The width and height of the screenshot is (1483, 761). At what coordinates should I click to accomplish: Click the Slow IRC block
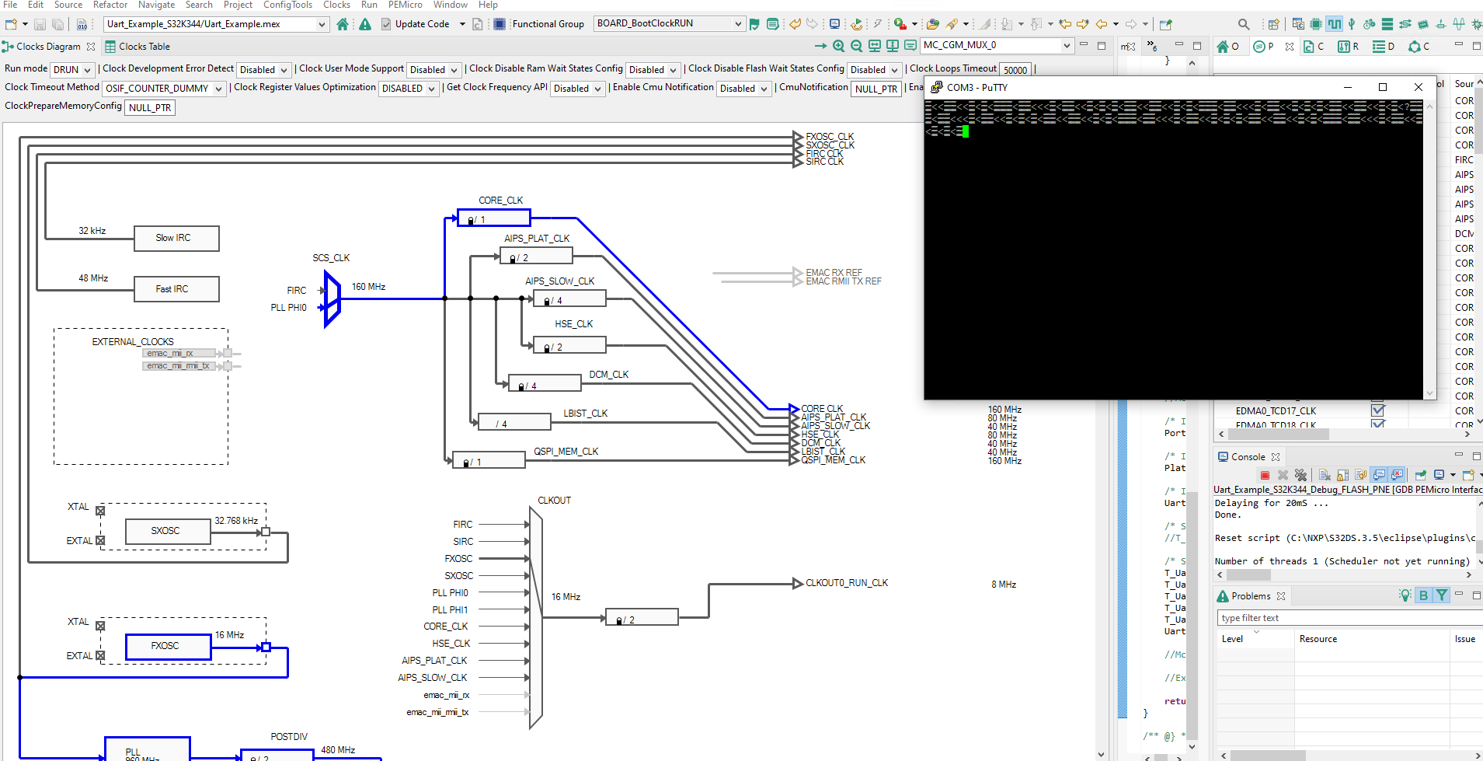[176, 238]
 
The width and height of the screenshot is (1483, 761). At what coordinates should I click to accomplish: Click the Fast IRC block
[176, 289]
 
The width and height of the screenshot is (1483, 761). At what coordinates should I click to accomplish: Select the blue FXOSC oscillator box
[168, 646]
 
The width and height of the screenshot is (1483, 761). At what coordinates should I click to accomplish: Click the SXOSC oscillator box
[168, 531]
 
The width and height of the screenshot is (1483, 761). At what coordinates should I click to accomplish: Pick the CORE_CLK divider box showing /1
[493, 218]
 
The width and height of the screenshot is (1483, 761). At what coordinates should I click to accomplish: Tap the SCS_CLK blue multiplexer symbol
[332, 298]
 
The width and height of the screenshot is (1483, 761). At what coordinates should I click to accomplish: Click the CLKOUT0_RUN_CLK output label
[847, 583]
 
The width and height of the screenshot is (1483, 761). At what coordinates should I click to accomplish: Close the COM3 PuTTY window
[1418, 87]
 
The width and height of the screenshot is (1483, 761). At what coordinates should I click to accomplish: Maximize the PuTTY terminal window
[1382, 87]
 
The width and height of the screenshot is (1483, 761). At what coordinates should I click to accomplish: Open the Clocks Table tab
[138, 47]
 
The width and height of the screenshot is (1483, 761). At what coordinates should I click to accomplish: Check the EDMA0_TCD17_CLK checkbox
[1377, 410]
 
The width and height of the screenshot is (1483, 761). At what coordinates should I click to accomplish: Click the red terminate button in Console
[1265, 475]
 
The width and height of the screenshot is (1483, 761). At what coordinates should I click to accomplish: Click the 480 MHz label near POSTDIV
[338, 750]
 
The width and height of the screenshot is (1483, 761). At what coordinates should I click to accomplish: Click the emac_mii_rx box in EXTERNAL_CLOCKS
[179, 353]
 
